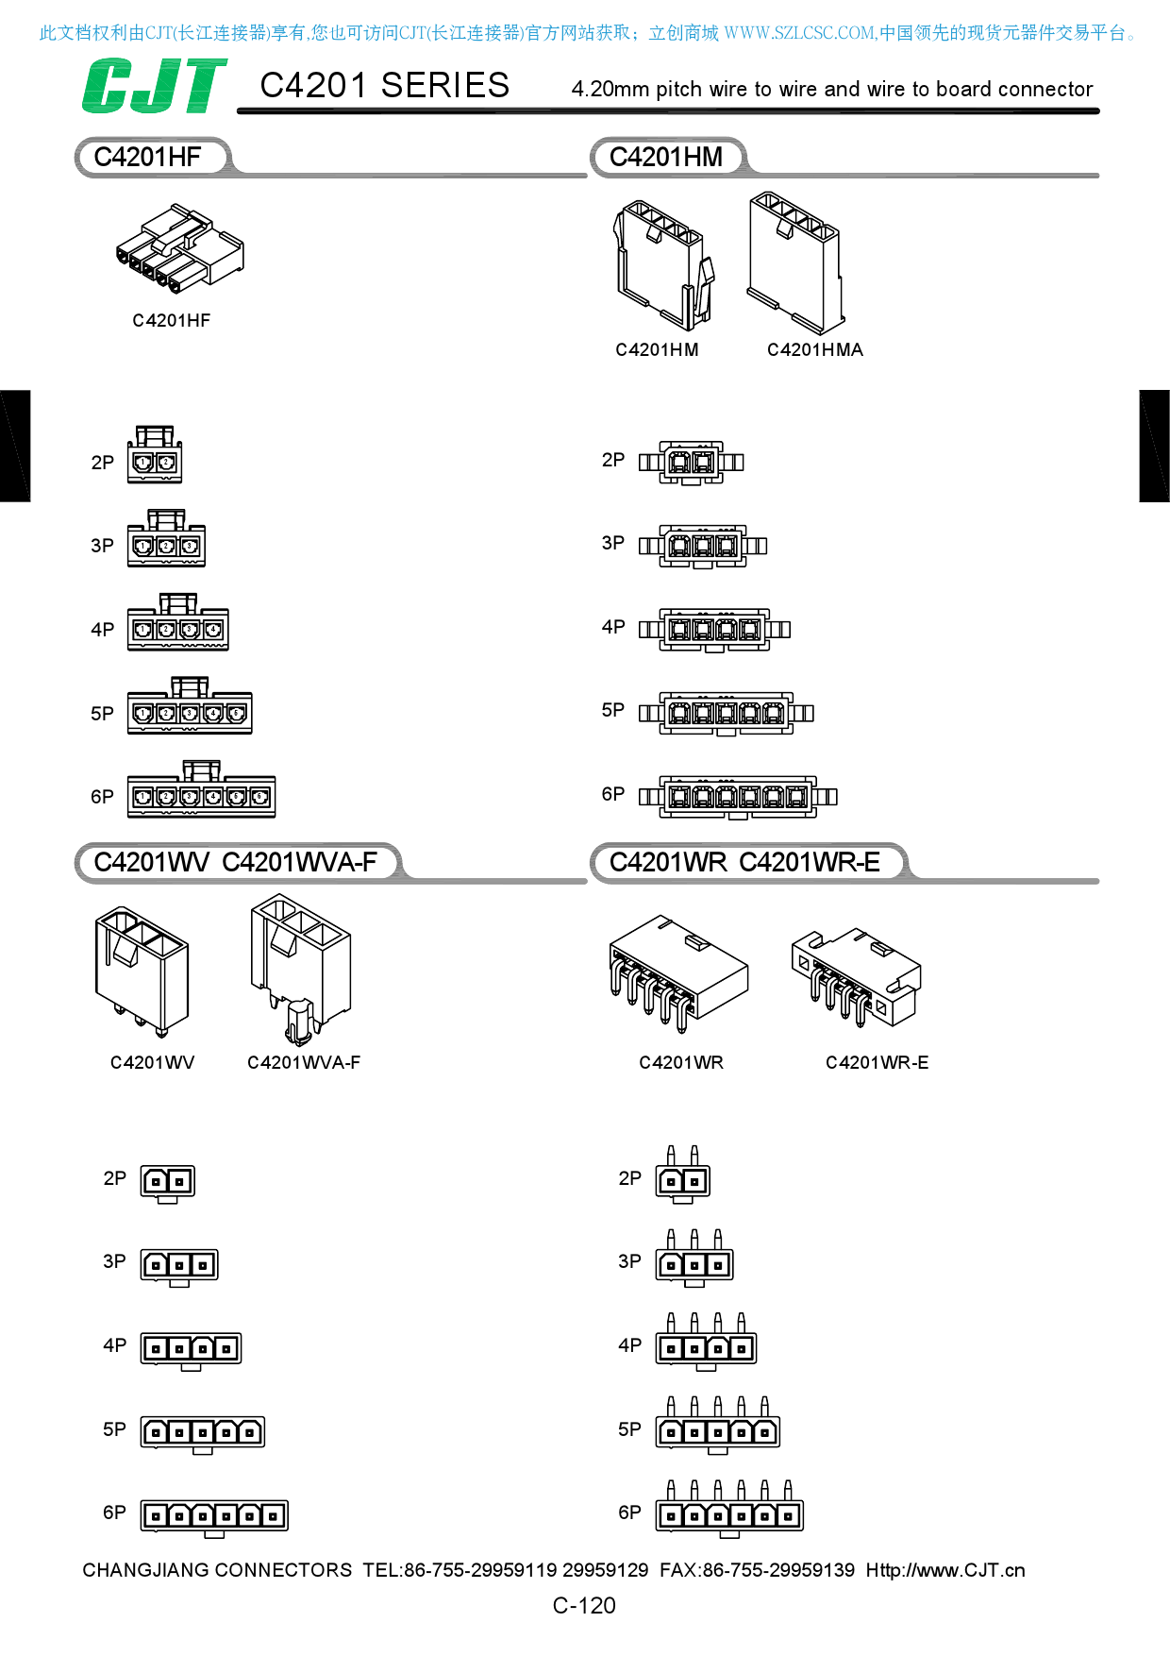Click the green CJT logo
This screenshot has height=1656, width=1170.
[154, 86]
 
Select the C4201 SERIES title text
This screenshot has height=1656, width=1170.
[384, 86]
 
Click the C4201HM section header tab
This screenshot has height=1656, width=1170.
[666, 157]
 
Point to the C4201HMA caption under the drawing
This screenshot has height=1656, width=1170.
[814, 350]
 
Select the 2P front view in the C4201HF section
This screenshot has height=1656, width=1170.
[155, 455]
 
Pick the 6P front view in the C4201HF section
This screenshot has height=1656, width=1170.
[202, 789]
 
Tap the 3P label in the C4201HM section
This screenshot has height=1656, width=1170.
[613, 543]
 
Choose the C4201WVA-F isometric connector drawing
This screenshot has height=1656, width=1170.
[300, 971]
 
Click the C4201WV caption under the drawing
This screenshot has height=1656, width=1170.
[152, 1063]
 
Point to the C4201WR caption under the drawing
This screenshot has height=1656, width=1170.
[681, 1063]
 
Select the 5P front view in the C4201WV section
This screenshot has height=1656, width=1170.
[203, 1433]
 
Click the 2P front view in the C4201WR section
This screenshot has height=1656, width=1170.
[683, 1175]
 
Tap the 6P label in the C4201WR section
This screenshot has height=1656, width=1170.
[629, 1512]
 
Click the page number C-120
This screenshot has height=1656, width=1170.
[584, 1605]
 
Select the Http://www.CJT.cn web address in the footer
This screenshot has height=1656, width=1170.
[945, 1570]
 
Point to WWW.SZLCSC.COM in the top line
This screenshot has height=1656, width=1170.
[799, 33]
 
